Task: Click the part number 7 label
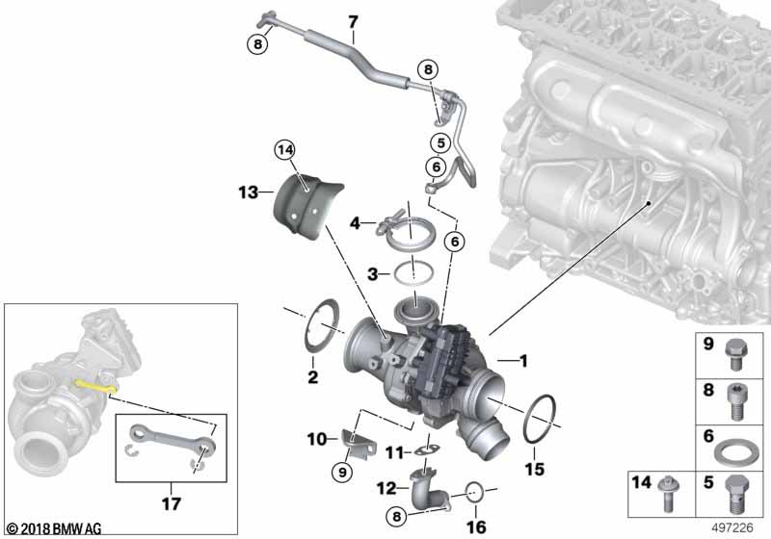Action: click(x=353, y=22)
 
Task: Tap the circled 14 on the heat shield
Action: click(x=282, y=150)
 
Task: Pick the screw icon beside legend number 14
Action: click(x=668, y=494)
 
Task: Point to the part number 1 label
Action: click(x=523, y=362)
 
